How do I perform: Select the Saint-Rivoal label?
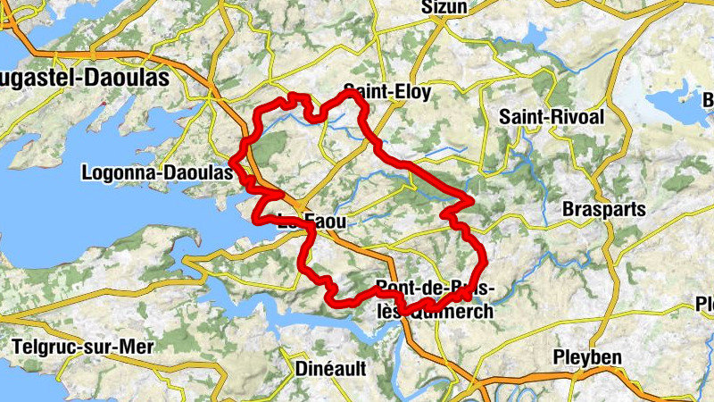(x=552, y=117)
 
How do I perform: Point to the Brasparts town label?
(x=602, y=208)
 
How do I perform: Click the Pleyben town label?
(x=586, y=357)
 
